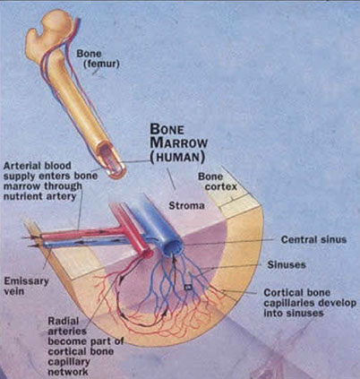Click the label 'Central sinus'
[313, 239]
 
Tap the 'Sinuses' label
[287, 265]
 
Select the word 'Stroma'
[187, 206]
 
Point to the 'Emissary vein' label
[26, 286]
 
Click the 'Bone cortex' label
[218, 182]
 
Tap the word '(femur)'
[101, 64]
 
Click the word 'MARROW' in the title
[179, 143]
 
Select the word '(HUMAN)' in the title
[177, 158]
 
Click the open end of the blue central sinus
[174, 248]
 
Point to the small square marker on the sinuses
[188, 288]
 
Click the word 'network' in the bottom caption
[68, 372]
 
